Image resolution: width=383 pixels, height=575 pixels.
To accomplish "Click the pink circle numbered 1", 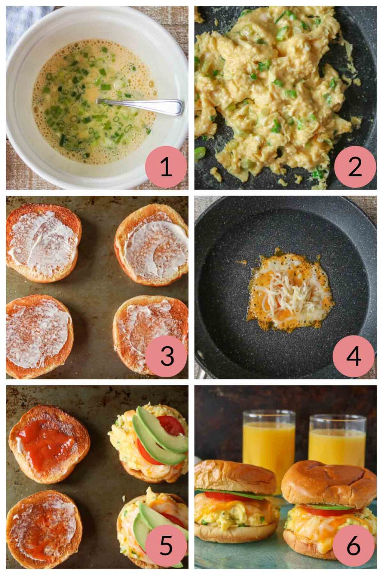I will [x=166, y=167].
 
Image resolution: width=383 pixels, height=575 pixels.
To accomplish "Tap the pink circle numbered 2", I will [x=355, y=167].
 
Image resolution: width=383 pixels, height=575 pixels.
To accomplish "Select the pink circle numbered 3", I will [x=166, y=356].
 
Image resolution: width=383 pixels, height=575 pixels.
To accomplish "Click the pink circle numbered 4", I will [x=353, y=356].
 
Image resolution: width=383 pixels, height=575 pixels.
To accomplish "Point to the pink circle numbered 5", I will [x=166, y=545].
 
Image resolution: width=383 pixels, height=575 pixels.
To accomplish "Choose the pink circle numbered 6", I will [x=353, y=545].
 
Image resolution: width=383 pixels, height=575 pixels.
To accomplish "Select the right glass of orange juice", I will [x=337, y=442].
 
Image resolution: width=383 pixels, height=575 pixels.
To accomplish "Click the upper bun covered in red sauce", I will [x=49, y=444].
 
